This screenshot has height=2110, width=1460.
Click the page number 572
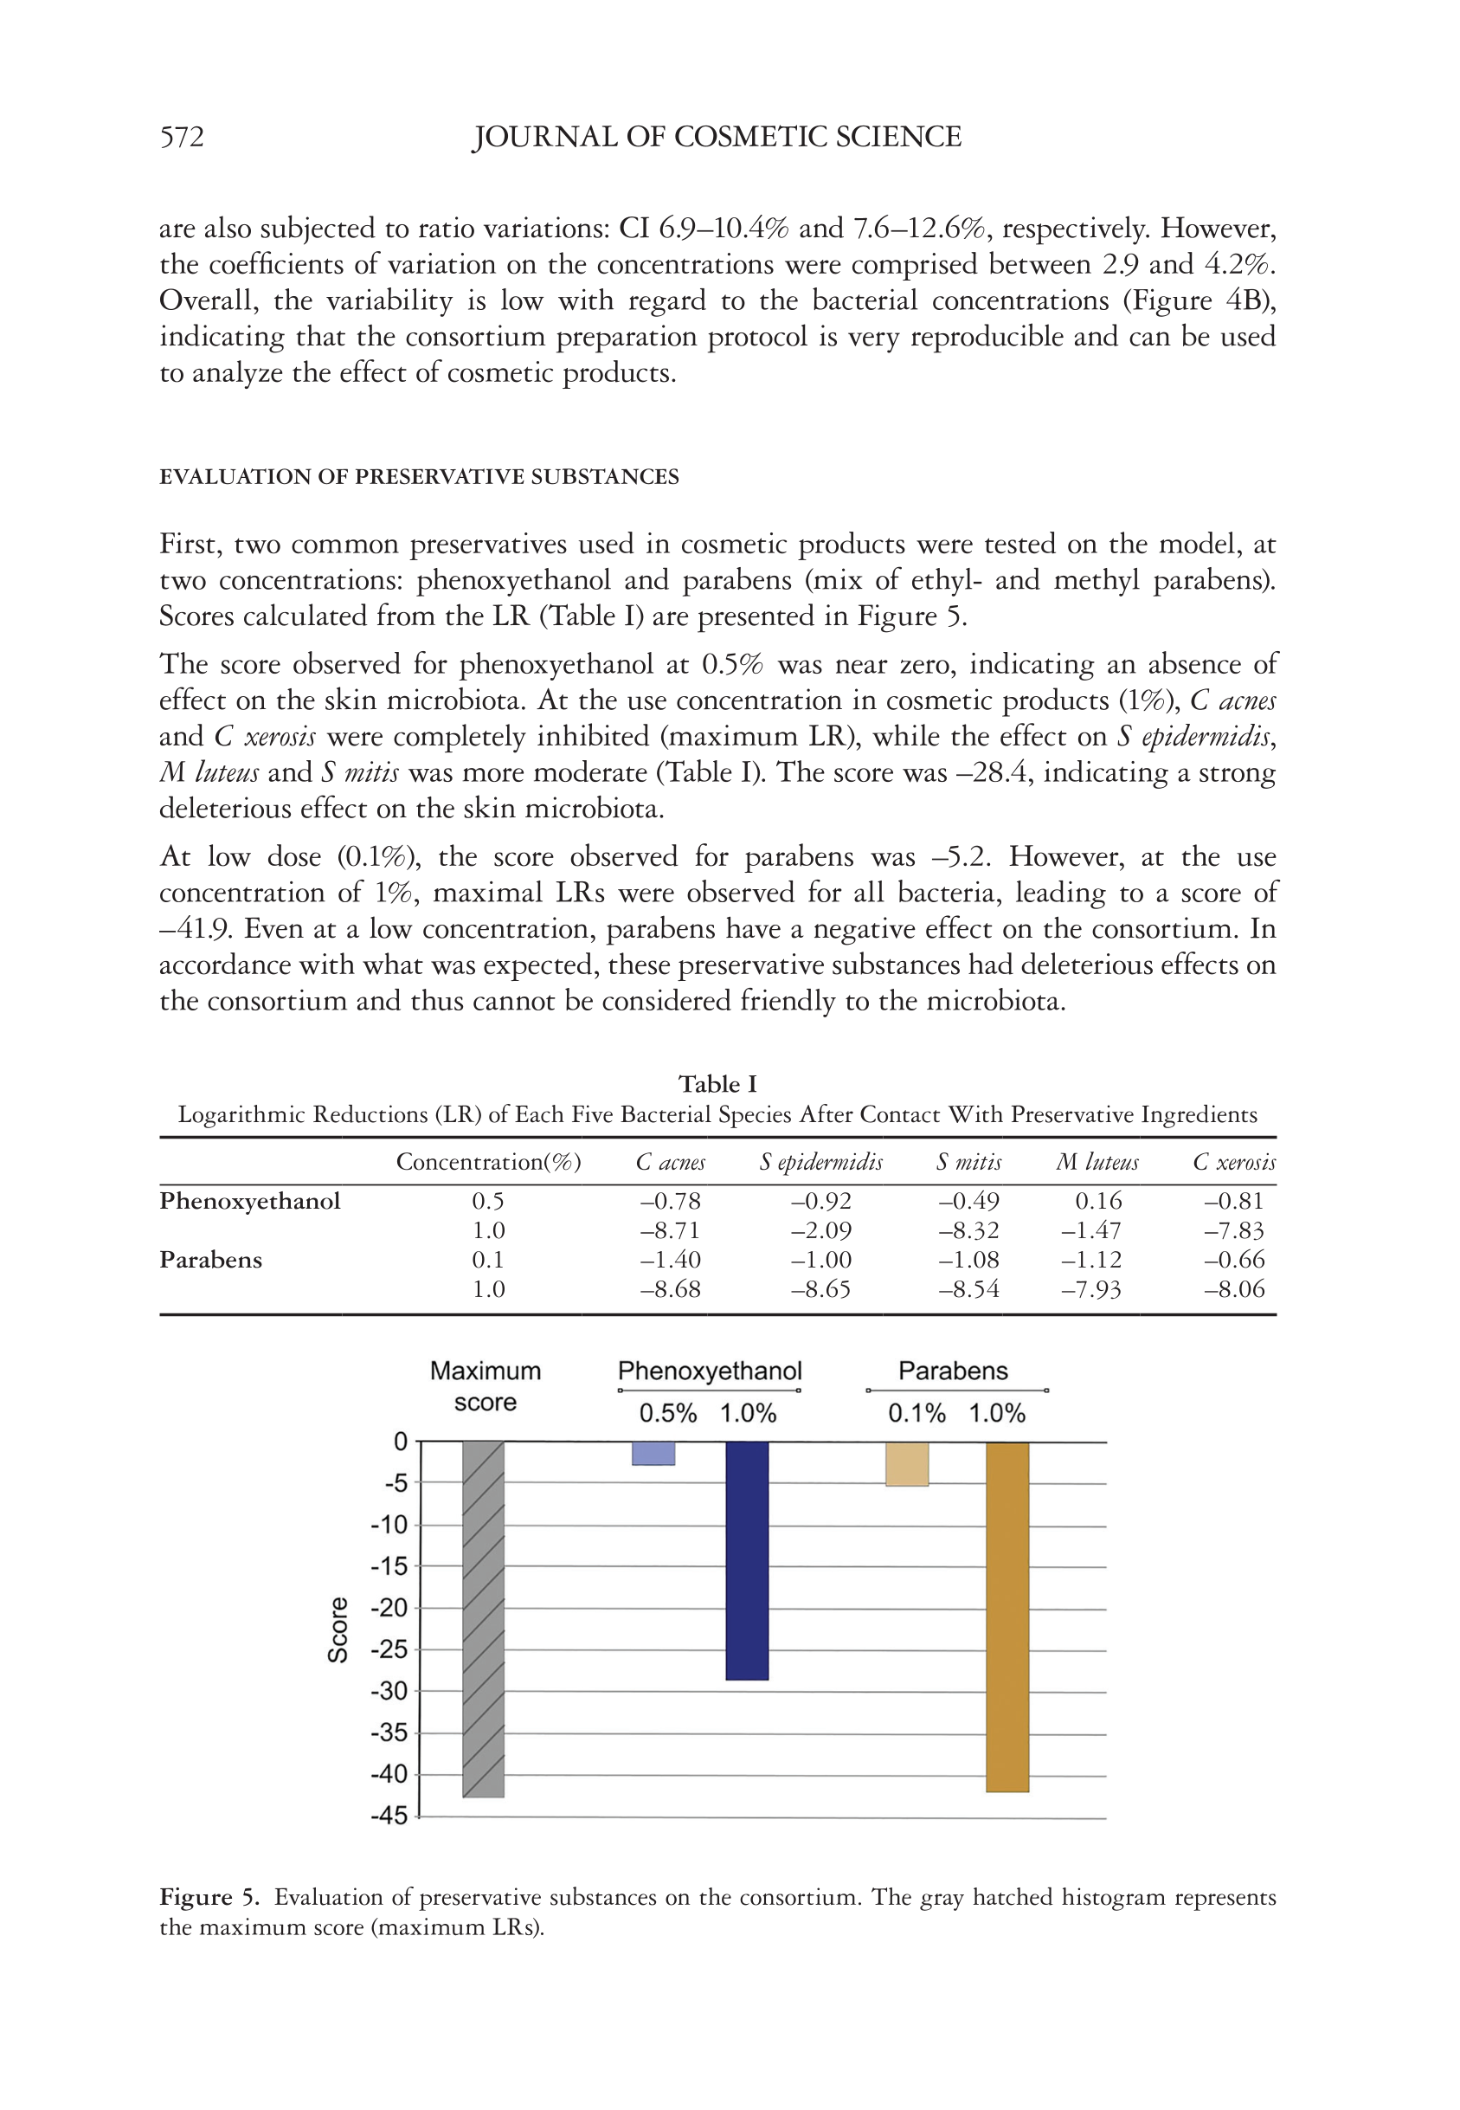(182, 138)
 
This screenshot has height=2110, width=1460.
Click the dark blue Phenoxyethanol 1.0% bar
(747, 1560)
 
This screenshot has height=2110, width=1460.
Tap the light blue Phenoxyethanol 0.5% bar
(653, 1453)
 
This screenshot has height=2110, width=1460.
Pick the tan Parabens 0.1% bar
(908, 1463)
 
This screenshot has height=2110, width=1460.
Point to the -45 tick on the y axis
(389, 1816)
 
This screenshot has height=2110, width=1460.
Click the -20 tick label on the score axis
(389, 1608)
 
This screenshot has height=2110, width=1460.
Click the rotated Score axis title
(338, 1629)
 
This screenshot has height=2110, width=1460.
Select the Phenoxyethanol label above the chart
(710, 1371)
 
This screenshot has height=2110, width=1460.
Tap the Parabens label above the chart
(952, 1371)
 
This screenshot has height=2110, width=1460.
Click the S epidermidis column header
(820, 1162)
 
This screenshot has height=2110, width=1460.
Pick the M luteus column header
(1097, 1162)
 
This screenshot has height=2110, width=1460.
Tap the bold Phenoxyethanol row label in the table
(250, 1201)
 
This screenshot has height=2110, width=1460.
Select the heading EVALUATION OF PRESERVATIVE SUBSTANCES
(419, 477)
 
